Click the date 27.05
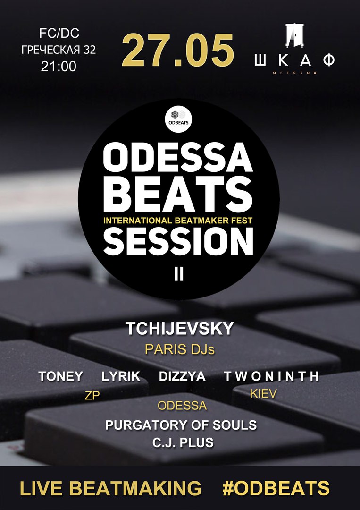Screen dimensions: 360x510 coord(178,50)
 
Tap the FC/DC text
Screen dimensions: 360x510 coord(59,33)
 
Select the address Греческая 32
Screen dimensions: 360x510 coord(59,50)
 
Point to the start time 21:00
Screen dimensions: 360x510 coord(59,67)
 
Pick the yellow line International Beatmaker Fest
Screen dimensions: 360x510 coord(178,221)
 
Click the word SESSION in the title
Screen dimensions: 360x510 coord(178,242)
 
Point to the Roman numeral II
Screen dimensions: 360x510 coord(179,274)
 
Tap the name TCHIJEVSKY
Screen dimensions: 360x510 coord(180,329)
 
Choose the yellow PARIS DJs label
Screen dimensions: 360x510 coord(180,349)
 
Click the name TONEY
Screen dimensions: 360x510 coord(60,376)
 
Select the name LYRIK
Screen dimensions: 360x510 coord(121,376)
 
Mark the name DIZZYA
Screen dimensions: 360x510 coord(182,376)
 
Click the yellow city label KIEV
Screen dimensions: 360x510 coord(263,394)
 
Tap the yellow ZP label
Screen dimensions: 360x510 coord(92,396)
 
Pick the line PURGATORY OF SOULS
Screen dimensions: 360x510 coord(181,425)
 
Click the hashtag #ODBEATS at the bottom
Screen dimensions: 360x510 coord(276,488)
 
